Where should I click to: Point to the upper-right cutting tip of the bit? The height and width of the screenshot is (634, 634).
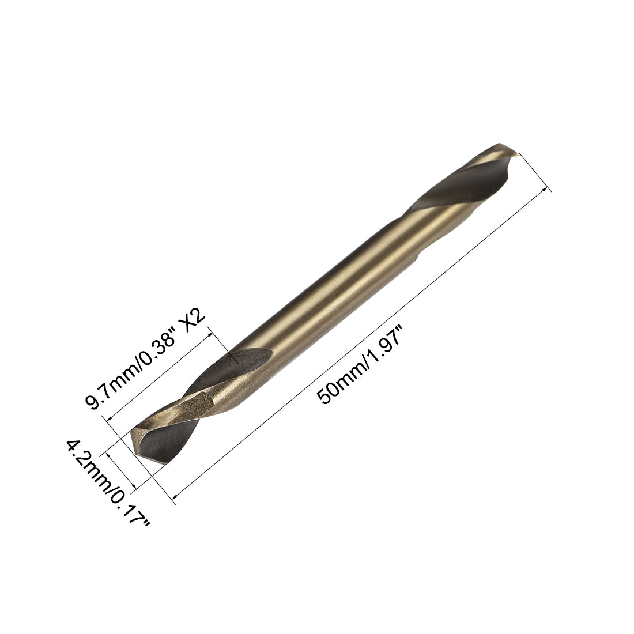pos(507,149)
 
